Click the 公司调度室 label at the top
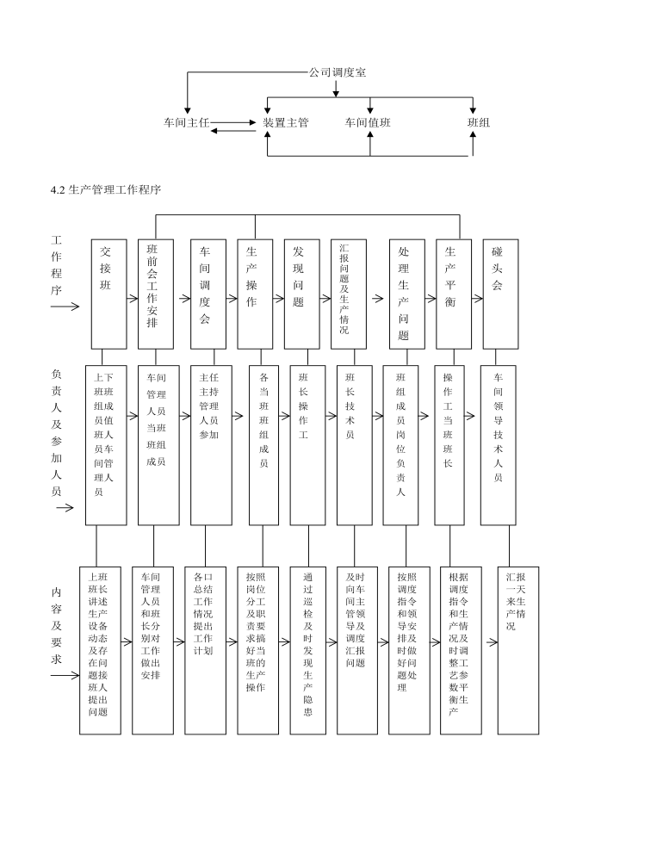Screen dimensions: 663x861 (338, 72)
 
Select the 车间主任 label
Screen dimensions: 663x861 (187, 122)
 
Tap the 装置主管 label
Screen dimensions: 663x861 (286, 122)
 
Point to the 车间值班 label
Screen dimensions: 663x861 (368, 122)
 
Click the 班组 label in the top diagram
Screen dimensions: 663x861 (479, 122)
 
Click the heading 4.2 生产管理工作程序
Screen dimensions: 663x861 (106, 190)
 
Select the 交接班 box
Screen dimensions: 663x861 (108, 294)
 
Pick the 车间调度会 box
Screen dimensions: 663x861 (208, 294)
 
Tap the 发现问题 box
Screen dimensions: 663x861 (301, 294)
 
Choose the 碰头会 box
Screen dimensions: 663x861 (500, 294)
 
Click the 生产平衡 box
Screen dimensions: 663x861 (454, 294)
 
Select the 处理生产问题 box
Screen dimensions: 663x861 (407, 294)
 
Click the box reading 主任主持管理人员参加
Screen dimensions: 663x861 (211, 445)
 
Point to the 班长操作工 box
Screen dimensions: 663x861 (307, 445)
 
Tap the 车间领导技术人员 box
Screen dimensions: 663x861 (499, 445)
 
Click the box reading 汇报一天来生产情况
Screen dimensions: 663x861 (518, 651)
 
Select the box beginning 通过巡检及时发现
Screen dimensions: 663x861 (307, 651)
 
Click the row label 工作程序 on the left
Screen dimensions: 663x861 (57, 265)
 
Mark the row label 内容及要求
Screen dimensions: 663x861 (57, 625)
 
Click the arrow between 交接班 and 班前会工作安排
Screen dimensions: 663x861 (133, 299)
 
